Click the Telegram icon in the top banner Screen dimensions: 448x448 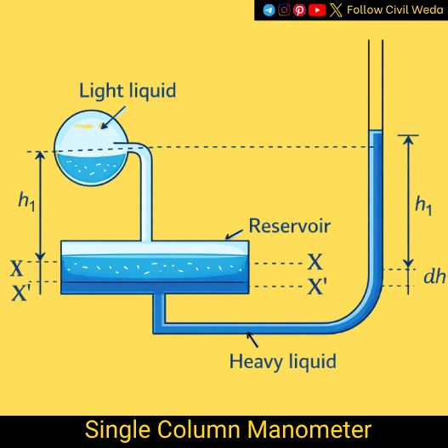(269, 10)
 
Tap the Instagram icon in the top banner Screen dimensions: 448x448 (285, 10)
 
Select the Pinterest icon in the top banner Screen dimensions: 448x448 (299, 10)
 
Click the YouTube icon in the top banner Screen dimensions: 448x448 (316, 10)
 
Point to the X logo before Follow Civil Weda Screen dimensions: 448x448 (337, 10)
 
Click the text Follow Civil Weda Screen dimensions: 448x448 (394, 10)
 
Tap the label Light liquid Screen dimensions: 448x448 (128, 90)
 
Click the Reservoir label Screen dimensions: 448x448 (289, 226)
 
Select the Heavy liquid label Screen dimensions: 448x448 (282, 361)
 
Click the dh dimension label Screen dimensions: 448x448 (434, 277)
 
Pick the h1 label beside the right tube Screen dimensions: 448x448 (423, 204)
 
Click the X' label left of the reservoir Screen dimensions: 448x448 (20, 293)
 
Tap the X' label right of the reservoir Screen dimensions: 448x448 (316, 286)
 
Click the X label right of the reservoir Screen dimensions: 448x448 (315, 261)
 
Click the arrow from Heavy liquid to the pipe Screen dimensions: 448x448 (258, 339)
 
